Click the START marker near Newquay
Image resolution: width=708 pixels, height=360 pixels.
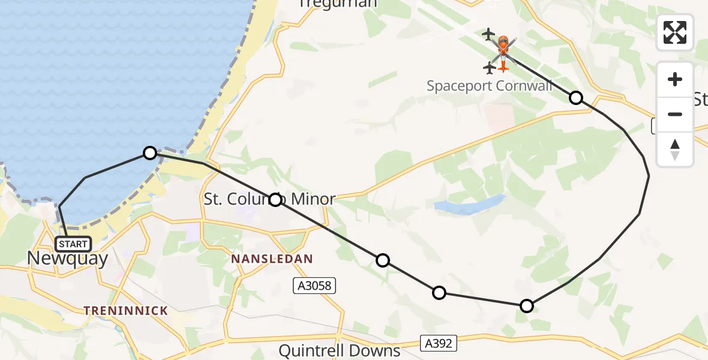coord(73,244)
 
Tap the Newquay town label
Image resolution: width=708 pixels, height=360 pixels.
coord(68,259)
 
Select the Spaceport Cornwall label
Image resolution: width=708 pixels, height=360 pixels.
coord(489,86)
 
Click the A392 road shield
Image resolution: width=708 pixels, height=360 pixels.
coord(439,343)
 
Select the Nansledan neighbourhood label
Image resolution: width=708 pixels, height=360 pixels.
coord(272,259)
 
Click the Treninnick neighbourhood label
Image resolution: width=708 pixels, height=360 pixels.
coord(125,310)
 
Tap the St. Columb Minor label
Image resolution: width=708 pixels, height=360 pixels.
coord(269,199)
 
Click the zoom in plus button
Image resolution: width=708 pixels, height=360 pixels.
coord(675,79)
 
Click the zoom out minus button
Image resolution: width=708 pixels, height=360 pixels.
coord(675,114)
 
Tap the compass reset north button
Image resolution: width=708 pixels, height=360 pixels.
coord(675,149)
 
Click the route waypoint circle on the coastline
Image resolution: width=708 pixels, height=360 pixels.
coord(150,153)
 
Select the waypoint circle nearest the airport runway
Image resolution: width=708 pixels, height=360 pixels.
coord(576,97)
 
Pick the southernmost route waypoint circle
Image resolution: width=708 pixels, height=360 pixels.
coord(526,306)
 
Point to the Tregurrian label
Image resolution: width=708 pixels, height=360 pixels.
coord(338,4)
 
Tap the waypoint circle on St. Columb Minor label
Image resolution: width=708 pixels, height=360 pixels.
coord(275,200)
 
